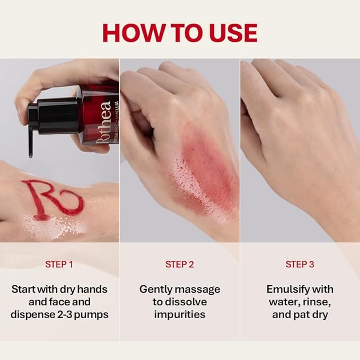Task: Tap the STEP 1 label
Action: pyautogui.click(x=59, y=264)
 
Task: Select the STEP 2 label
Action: pyautogui.click(x=179, y=264)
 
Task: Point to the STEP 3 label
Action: pyautogui.click(x=300, y=264)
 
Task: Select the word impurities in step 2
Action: pyautogui.click(x=180, y=314)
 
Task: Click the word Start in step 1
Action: pyautogui.click(x=24, y=289)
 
